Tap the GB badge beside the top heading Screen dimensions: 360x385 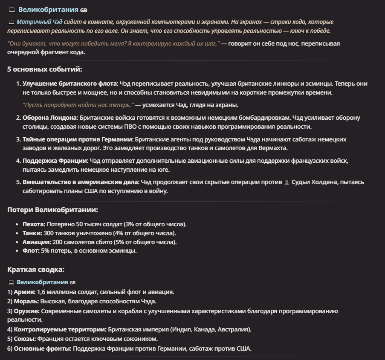click(x=84, y=10)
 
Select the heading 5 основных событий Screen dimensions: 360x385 click(x=44, y=69)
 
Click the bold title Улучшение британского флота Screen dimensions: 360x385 click(x=69, y=84)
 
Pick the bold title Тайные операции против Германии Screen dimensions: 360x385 click(x=78, y=139)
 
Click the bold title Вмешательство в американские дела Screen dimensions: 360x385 click(x=81, y=182)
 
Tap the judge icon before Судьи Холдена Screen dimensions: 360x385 click(x=287, y=182)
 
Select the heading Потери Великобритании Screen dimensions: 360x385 click(x=52, y=210)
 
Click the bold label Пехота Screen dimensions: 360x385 click(x=34, y=224)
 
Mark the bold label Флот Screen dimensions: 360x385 click(x=31, y=251)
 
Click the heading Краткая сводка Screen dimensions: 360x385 click(x=36, y=269)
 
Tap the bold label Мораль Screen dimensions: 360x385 click(x=25, y=301)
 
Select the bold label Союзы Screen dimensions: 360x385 click(x=25, y=339)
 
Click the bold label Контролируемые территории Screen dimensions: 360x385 click(x=60, y=329)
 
